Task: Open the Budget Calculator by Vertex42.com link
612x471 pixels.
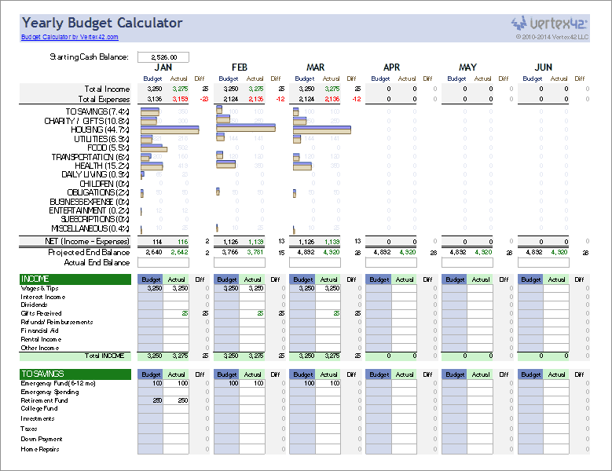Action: tap(69, 37)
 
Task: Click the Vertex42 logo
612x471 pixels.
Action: tap(551, 23)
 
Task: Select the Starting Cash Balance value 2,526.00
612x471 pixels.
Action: tap(163, 57)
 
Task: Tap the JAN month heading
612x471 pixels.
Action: tap(163, 68)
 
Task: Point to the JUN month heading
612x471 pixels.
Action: tap(543, 68)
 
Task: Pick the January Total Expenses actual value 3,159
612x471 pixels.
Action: tap(180, 99)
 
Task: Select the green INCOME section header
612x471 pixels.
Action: tap(75, 279)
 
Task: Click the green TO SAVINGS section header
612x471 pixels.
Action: tap(75, 374)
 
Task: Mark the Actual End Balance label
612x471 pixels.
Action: tap(95, 262)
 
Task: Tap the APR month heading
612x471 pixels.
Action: tap(391, 68)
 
